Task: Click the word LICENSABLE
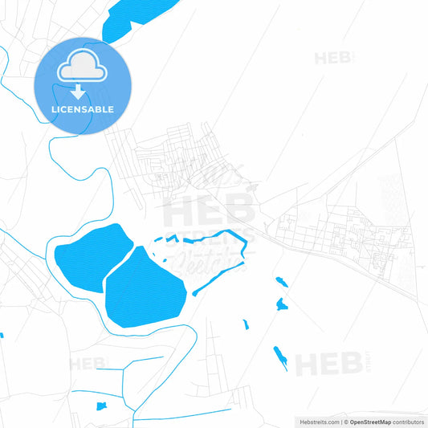[x=81, y=109]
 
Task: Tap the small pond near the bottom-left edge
[x=100, y=406]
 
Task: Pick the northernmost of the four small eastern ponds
[x=280, y=281]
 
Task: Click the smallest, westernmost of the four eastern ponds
[x=246, y=324]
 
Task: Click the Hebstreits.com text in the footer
[x=316, y=421]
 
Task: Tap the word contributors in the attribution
[x=408, y=421]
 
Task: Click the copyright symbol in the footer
[x=345, y=421]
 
